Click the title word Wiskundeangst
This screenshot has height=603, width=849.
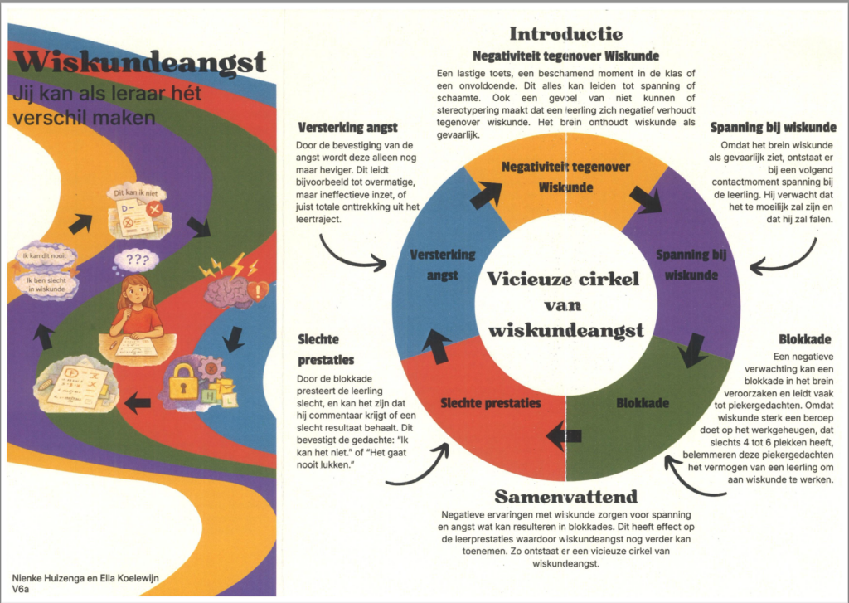coord(138,63)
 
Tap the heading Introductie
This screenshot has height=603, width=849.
coord(565,34)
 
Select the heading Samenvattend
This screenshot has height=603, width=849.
coord(566,497)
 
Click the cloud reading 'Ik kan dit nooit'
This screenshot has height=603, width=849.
coord(46,256)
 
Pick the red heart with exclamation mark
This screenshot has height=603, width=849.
coord(259,291)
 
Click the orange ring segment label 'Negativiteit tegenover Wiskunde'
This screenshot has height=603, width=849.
coord(565,177)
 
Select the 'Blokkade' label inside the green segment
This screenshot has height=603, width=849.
coord(643,404)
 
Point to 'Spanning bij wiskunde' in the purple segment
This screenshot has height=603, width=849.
coord(686,263)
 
